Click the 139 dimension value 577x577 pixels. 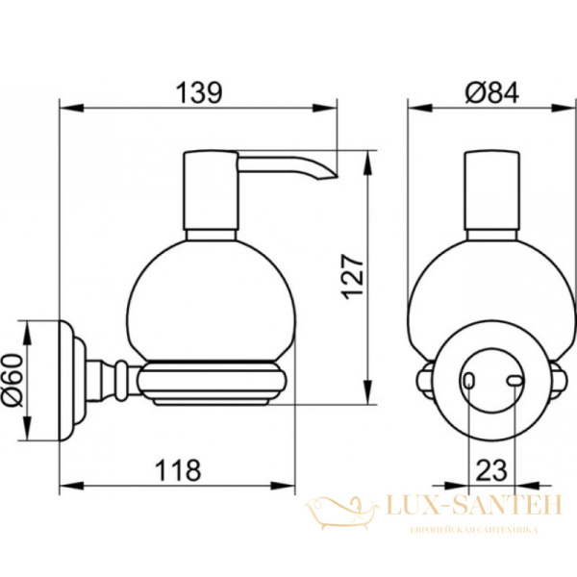(199, 92)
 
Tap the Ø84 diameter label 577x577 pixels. (492, 92)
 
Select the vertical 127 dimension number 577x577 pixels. (352, 277)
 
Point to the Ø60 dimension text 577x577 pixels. (13, 380)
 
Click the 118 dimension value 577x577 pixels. (178, 470)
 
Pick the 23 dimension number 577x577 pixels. (491, 470)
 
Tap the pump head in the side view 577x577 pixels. (211, 190)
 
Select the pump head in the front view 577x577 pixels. (492, 190)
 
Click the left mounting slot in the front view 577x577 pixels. (468, 381)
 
